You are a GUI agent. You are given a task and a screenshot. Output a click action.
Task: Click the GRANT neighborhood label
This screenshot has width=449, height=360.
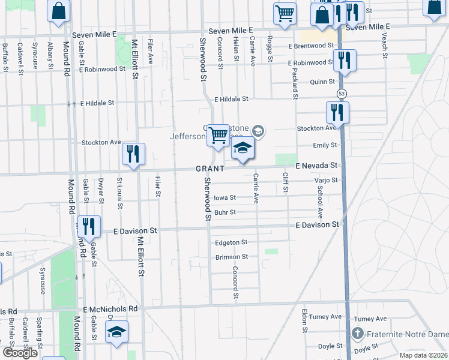pos(209,169)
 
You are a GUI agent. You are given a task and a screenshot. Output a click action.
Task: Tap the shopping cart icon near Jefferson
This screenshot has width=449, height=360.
pos(218,135)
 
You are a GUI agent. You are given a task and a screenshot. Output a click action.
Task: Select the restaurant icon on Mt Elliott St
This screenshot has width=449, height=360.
pos(133,154)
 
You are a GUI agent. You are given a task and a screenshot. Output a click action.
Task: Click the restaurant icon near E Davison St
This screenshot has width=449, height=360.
pos(89,226)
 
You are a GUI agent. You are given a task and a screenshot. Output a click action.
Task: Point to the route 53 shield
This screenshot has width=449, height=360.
pos(341,94)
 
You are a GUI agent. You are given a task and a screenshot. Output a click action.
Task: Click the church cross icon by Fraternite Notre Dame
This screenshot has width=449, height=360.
pos(358,334)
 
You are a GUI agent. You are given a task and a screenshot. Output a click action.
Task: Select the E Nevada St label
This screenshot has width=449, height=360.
pos(317,165)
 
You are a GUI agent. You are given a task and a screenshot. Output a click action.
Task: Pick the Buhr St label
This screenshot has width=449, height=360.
pos(225,212)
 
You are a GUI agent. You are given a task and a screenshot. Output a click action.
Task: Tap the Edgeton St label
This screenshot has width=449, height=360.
pos(231,242)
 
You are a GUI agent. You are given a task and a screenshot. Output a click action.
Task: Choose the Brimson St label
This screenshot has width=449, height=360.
pos(232,257)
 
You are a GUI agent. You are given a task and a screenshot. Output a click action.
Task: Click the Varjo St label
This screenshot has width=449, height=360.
pos(326,180)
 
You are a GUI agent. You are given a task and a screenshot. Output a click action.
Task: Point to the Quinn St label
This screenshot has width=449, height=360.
pos(322,82)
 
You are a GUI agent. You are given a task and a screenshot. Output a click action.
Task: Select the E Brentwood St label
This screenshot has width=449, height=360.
pos(310,46)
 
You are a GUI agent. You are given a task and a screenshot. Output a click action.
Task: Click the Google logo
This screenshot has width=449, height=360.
pos(20,353)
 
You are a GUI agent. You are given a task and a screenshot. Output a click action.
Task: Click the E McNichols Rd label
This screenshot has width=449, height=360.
pos(111,309)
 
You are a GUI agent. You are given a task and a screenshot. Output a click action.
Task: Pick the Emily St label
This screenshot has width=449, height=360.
pos(325,146)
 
